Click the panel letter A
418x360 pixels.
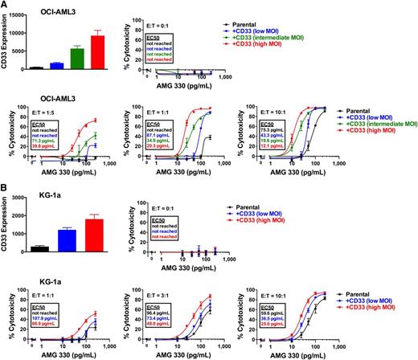(6, 6)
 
